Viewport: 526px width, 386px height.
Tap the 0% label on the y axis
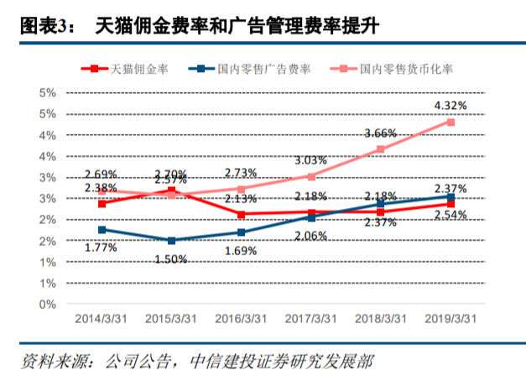point(48,305)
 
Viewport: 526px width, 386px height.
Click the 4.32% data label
point(450,105)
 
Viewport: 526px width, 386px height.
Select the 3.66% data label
point(380,133)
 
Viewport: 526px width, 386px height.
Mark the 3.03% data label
point(310,160)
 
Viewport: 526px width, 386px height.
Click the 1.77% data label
point(102,248)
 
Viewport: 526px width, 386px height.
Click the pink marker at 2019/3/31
point(450,122)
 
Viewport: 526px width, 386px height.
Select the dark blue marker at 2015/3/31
point(172,241)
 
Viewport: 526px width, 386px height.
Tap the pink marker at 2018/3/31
point(381,149)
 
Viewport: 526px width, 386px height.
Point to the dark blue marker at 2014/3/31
point(102,229)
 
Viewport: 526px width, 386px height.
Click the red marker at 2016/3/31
point(242,214)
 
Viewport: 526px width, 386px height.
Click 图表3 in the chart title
point(42,27)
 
